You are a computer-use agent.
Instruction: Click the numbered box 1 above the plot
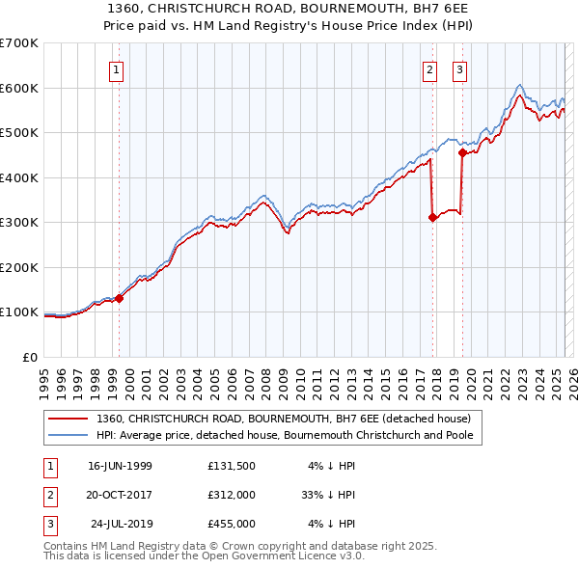tap(116, 69)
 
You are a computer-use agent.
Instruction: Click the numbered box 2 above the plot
tap(429, 69)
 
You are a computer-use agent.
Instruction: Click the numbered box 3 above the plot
tap(459, 69)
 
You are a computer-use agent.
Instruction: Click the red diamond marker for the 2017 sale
tap(432, 218)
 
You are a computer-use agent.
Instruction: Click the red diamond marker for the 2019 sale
tap(463, 152)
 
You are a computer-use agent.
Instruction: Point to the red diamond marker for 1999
tap(120, 298)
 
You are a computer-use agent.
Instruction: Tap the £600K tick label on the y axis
tap(19, 88)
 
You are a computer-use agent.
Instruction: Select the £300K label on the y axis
tap(19, 222)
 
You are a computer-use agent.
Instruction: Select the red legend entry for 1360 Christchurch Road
tap(282, 419)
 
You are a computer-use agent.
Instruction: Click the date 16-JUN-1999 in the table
tap(120, 465)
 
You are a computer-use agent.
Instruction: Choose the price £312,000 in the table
tap(231, 495)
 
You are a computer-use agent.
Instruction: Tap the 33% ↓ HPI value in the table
tap(328, 495)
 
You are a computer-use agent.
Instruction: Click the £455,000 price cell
tap(231, 524)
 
